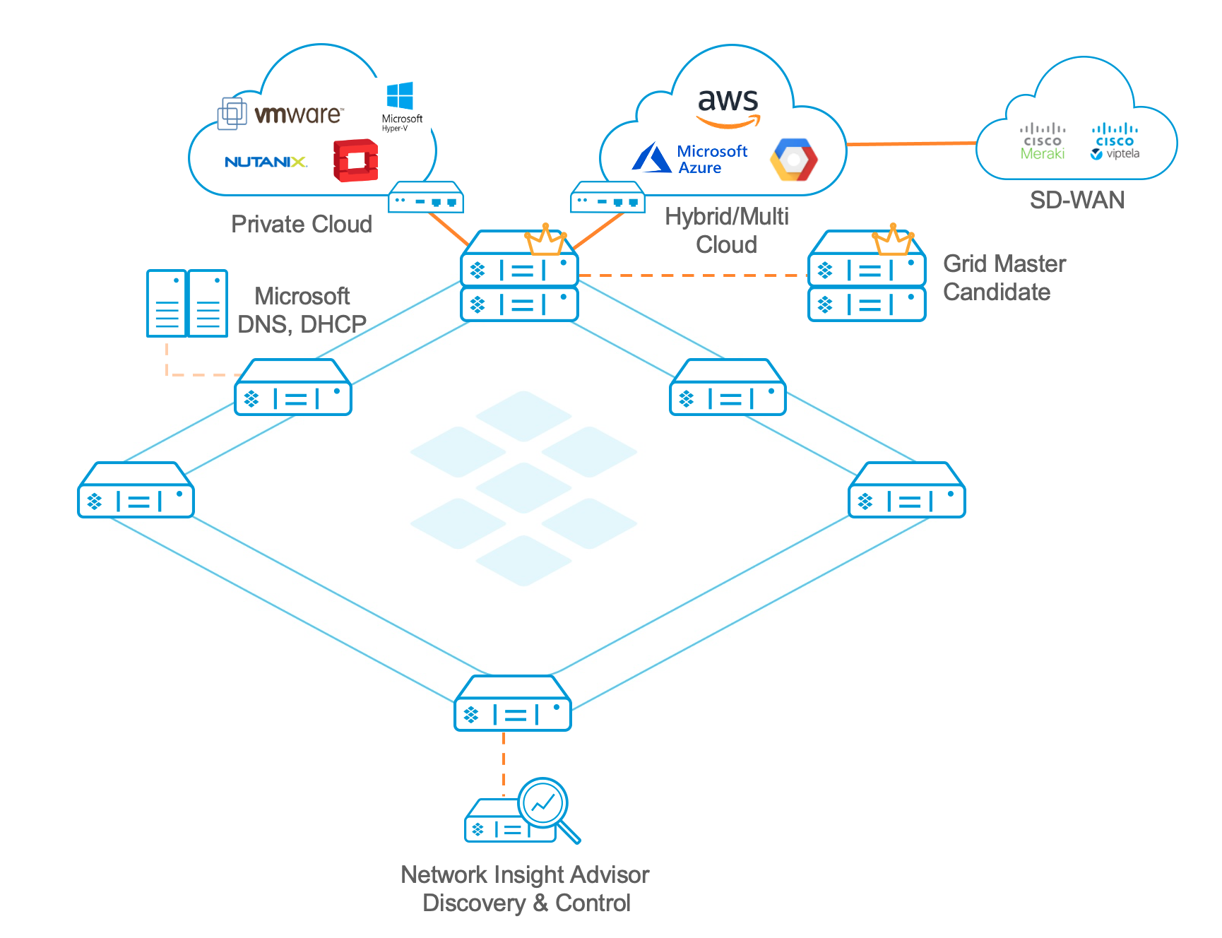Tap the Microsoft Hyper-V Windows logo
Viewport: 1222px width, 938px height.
click(x=401, y=97)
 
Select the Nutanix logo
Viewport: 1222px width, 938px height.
click(x=266, y=162)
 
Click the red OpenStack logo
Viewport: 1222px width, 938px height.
click(x=355, y=160)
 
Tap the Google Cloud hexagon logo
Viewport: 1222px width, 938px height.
click(x=794, y=159)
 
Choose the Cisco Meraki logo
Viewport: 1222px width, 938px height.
click(x=1043, y=141)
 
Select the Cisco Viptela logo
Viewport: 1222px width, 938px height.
click(x=1115, y=141)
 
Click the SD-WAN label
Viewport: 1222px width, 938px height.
click(x=1076, y=201)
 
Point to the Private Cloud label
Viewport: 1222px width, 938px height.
click(x=302, y=225)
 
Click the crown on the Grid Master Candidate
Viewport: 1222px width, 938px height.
click(x=893, y=240)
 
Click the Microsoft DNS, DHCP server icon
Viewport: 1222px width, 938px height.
click(x=187, y=303)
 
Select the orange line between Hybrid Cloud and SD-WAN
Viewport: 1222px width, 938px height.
click(x=911, y=144)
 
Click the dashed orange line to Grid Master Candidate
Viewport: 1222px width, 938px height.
click(x=692, y=275)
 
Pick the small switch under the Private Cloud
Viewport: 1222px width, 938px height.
click(x=426, y=198)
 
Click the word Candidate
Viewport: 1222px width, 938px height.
click(x=997, y=292)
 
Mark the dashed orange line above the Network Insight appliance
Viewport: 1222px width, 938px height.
click(x=504, y=763)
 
